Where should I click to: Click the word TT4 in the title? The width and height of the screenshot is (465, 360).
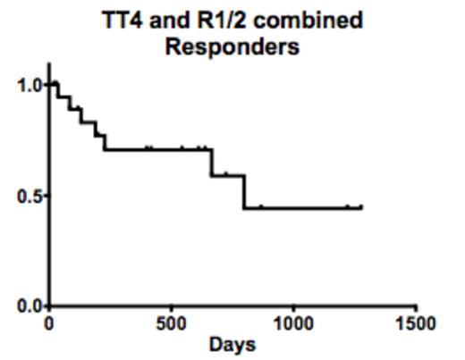(x=123, y=20)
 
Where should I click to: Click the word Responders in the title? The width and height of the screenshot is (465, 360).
(x=232, y=46)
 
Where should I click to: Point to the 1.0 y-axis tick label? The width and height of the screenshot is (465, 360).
(x=29, y=86)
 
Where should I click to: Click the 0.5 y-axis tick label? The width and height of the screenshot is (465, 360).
(x=29, y=197)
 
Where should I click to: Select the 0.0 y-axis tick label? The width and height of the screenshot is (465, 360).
(x=29, y=307)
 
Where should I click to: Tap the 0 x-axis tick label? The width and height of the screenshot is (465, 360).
(x=49, y=323)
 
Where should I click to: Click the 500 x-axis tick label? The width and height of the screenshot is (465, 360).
(x=171, y=323)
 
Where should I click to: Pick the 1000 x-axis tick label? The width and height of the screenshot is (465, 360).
(x=293, y=323)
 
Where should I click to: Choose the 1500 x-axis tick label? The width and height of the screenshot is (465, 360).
(x=416, y=323)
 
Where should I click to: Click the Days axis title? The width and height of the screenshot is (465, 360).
(x=232, y=345)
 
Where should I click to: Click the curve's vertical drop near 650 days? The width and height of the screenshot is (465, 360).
(x=211, y=163)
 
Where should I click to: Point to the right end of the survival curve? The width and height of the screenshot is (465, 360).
(x=361, y=208)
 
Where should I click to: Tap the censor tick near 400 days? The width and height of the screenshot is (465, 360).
(x=149, y=147)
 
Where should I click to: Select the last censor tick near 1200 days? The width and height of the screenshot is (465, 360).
(x=348, y=206)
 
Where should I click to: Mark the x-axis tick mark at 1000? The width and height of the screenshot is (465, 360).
(x=293, y=310)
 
